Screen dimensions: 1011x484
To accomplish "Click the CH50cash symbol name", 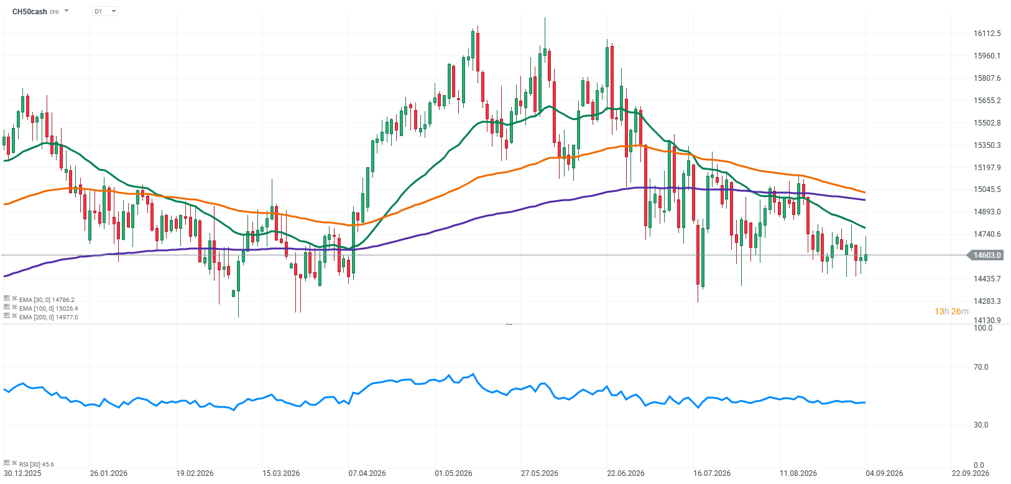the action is pos(29,12).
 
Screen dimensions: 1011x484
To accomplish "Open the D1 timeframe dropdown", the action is pos(104,11).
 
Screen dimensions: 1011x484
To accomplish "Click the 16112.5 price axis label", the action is pos(987,34).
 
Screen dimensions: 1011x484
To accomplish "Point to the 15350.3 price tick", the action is pos(987,145).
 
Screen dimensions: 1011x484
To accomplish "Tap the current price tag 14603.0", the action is pos(987,255).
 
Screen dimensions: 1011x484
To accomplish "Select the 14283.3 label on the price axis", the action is pos(987,301).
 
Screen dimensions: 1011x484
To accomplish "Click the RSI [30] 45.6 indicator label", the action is pos(37,464).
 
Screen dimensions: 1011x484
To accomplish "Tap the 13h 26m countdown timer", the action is pos(951,311).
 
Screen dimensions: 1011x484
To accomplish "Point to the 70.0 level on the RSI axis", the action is pos(981,367).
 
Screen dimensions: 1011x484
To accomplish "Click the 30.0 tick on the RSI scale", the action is pos(981,425).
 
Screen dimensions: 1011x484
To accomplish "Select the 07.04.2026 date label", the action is pos(367,473).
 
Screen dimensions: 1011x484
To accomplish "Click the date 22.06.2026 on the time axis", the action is pos(626,473).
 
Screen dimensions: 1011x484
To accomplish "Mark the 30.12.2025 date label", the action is pos(22,473).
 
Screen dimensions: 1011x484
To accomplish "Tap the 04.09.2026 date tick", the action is pos(884,473).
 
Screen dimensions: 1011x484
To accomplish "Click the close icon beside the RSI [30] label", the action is pos(14,463).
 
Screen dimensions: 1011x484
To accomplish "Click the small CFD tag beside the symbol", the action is pos(54,12).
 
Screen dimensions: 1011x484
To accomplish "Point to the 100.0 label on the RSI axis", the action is pos(982,328).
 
